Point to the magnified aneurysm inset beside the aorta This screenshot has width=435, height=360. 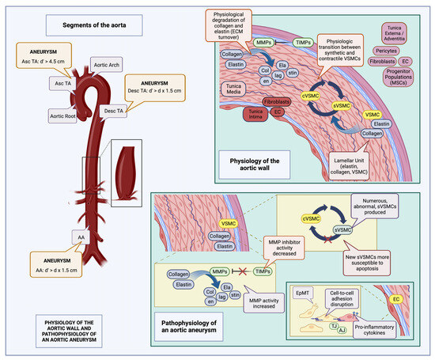tap(126, 172)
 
